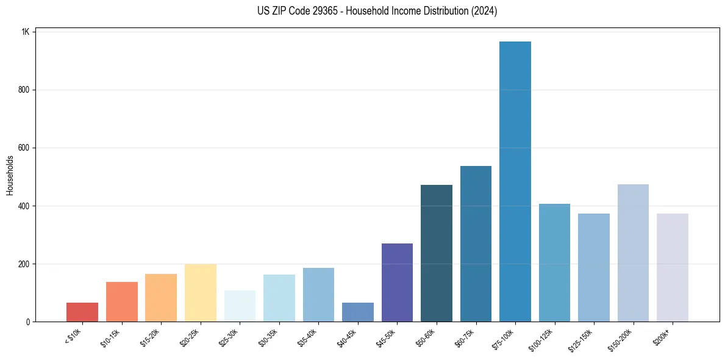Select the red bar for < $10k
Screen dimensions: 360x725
[x=82, y=312]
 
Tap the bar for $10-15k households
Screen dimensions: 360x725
[x=122, y=301]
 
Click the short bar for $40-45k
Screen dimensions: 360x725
[x=358, y=312]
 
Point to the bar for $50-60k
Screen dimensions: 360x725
[x=437, y=253]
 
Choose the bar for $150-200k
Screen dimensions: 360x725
[x=633, y=253]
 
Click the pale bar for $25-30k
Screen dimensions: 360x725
[x=240, y=306]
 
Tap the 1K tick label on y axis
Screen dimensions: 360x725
[x=25, y=32]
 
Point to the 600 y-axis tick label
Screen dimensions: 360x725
[x=23, y=148]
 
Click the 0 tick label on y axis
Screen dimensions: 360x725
[x=27, y=322]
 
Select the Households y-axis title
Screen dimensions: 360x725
[x=10, y=175]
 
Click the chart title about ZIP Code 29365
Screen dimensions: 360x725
[x=377, y=11]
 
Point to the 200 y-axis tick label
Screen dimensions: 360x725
[x=23, y=264]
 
